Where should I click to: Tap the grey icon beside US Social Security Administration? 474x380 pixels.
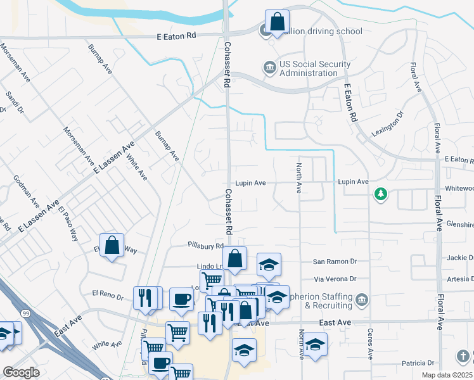(x=269, y=67)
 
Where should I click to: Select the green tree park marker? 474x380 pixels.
(x=380, y=194)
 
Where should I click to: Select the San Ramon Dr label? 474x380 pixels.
(x=335, y=262)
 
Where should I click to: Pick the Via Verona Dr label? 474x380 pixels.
(x=336, y=279)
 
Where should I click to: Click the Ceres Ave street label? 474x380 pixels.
(x=369, y=341)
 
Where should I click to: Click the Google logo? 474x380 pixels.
(x=21, y=372)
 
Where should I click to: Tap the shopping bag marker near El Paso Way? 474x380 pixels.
(x=112, y=246)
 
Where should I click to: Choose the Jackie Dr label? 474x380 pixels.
(x=459, y=258)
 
